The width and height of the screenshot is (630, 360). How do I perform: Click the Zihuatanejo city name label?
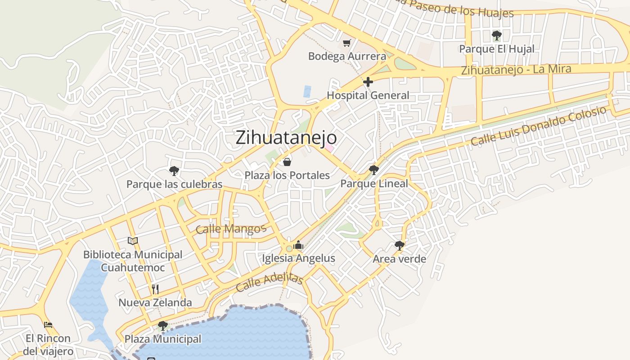(x=286, y=137)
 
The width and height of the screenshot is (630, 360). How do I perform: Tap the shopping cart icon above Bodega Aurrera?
(x=346, y=43)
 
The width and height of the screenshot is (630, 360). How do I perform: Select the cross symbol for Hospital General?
(x=368, y=82)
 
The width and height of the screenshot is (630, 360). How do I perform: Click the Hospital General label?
(x=368, y=95)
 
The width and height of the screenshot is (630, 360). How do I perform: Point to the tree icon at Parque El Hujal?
(x=496, y=35)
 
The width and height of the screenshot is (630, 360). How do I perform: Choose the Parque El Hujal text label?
(x=497, y=49)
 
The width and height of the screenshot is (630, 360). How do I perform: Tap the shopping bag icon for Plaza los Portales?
(x=287, y=162)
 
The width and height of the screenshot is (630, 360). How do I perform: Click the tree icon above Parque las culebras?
(x=174, y=171)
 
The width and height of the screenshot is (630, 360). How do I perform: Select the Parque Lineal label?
(x=374, y=184)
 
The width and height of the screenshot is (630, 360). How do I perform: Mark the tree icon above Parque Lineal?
(x=373, y=170)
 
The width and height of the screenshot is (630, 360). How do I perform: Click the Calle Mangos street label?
(x=231, y=229)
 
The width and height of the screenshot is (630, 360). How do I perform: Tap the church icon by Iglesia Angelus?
(x=298, y=245)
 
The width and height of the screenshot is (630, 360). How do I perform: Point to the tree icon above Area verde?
(x=399, y=245)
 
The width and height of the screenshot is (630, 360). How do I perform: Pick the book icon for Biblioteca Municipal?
(x=132, y=241)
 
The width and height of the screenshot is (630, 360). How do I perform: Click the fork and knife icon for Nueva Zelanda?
(x=155, y=289)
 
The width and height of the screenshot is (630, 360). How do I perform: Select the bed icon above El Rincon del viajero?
(x=48, y=324)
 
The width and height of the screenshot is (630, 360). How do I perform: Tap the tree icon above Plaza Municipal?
(x=163, y=325)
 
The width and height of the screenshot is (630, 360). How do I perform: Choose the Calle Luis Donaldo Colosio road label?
(x=539, y=126)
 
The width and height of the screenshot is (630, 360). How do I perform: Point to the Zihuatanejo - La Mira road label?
(x=516, y=70)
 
